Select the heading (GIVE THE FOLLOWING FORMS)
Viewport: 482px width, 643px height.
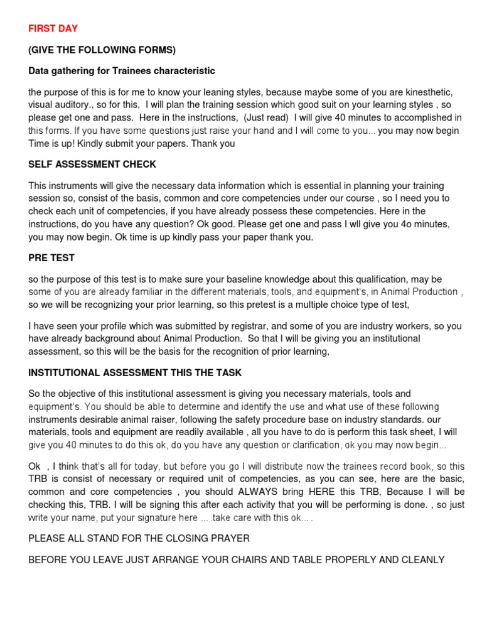102,50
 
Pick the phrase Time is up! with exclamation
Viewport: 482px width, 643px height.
53,143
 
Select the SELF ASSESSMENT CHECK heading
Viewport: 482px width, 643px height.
92,165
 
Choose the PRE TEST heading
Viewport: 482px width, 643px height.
51,258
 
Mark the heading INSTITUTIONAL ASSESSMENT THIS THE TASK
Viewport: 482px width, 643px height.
135,372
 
